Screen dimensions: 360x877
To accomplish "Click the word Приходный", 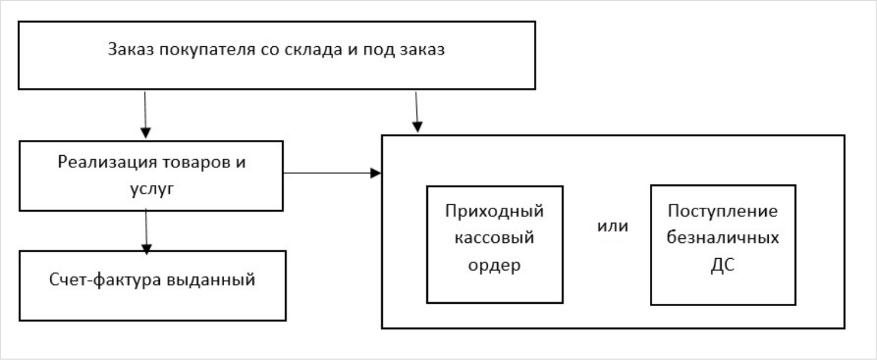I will click(495, 211).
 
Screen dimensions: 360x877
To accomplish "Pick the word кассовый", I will click(495, 238).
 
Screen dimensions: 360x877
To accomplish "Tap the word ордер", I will click(495, 265).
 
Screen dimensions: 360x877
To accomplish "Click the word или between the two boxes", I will click(612, 226).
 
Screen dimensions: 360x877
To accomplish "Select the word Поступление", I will click(724, 211).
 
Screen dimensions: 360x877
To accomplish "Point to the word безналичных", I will click(724, 238).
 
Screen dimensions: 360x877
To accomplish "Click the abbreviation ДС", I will click(724, 265).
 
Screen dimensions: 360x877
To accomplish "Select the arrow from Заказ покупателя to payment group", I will click(416, 111).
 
